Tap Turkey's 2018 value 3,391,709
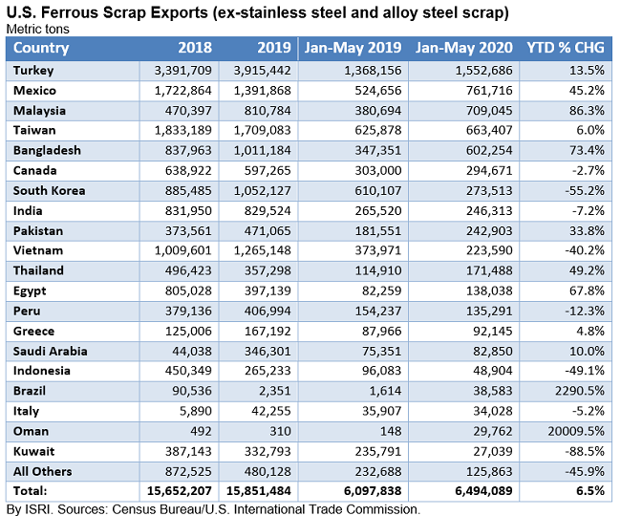click(182, 70)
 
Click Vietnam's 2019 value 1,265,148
click(259, 250)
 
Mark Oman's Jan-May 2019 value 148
click(376, 431)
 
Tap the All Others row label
click(44, 471)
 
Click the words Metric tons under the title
click(37, 29)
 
